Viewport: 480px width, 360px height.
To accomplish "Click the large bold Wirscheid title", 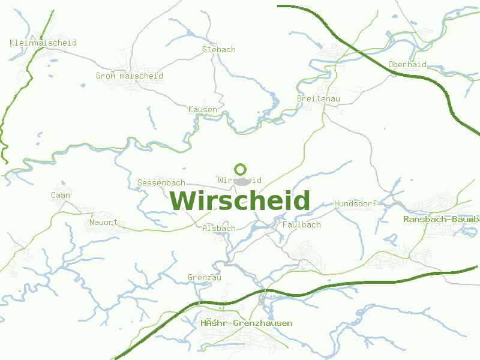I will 240,200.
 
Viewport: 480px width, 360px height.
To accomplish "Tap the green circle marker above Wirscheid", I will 241,169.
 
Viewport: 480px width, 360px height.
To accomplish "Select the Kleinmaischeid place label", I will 43,43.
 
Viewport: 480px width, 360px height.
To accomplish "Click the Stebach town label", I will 219,49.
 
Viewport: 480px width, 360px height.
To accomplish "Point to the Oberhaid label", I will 407,64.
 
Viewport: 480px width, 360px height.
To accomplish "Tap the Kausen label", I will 203,110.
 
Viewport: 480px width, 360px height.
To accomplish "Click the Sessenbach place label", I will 161,182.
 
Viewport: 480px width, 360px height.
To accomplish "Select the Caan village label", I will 60,195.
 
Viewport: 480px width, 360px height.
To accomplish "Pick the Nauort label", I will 103,223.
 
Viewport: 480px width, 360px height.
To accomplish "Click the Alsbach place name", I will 219,229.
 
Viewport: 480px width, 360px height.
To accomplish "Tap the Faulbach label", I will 301,225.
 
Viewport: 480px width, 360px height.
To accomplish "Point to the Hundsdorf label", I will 355,203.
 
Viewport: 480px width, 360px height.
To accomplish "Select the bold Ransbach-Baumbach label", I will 441,219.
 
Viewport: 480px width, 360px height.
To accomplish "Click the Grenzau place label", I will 205,278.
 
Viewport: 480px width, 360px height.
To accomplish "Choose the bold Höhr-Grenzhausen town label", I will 247,323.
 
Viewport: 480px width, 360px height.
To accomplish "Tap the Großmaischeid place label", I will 130,76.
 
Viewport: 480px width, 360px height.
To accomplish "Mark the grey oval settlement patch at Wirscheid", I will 241,181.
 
